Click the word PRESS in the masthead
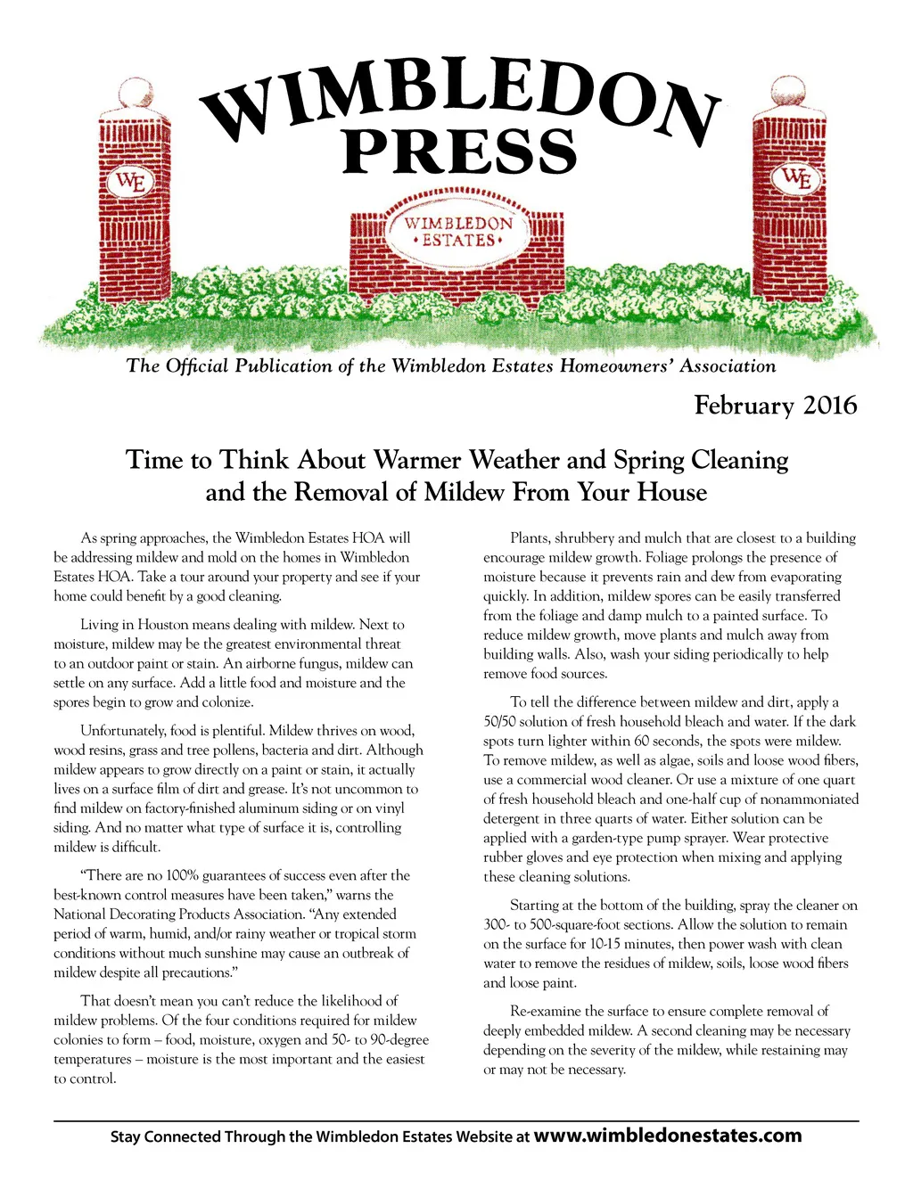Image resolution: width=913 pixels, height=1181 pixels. (460, 151)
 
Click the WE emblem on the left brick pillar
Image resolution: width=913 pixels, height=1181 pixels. (131, 183)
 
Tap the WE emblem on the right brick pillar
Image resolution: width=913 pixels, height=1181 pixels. (796, 178)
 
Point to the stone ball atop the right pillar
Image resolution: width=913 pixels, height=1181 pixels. (789, 92)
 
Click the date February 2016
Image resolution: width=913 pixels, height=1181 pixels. (775, 406)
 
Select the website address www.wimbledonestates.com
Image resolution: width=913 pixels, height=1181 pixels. (668, 1136)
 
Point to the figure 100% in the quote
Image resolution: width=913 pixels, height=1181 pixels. (147, 875)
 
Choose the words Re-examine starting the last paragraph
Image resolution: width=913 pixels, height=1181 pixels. (545, 1011)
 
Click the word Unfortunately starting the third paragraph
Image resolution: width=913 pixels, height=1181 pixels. (122, 731)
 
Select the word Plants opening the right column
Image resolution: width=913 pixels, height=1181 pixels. (530, 538)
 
